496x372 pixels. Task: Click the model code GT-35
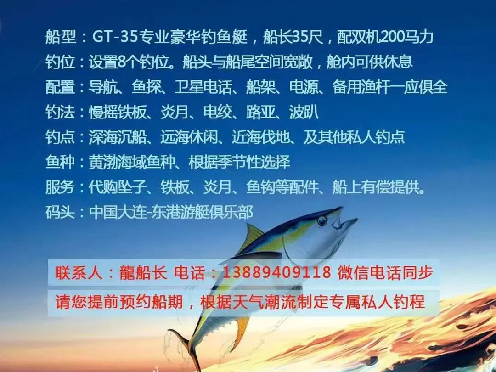(x=115, y=37)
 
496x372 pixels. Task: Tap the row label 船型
(x=61, y=37)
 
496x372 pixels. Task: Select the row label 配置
(x=61, y=87)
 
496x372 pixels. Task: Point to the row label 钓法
(x=61, y=112)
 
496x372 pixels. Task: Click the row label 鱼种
(x=61, y=162)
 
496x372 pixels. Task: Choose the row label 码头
(x=61, y=212)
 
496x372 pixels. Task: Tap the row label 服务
(x=61, y=187)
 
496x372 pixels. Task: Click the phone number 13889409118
(x=277, y=272)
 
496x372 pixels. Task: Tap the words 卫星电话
(x=203, y=87)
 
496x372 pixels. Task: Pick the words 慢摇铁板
(x=118, y=112)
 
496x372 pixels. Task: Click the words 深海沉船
(x=118, y=137)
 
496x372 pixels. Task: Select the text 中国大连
(x=118, y=212)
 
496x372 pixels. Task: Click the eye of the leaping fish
(x=322, y=221)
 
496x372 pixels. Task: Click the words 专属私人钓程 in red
(x=377, y=302)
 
